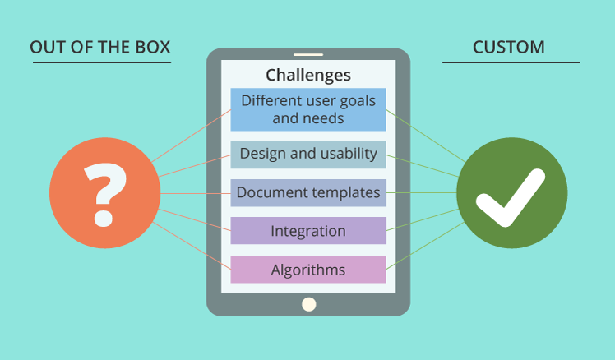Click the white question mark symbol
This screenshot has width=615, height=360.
104,194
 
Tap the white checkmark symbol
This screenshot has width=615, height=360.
511,197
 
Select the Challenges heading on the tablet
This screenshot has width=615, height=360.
307,75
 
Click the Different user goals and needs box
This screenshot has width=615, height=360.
307,109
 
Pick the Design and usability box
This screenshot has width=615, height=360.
307,154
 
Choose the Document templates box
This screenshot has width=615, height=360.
307,193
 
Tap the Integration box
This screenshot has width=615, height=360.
307,231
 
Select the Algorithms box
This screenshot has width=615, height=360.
307,270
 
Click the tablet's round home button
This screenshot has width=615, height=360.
308,304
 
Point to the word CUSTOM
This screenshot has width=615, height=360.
508,47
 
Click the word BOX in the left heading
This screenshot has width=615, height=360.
153,47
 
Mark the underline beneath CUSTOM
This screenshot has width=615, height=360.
511,62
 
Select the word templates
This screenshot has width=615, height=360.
344,193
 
